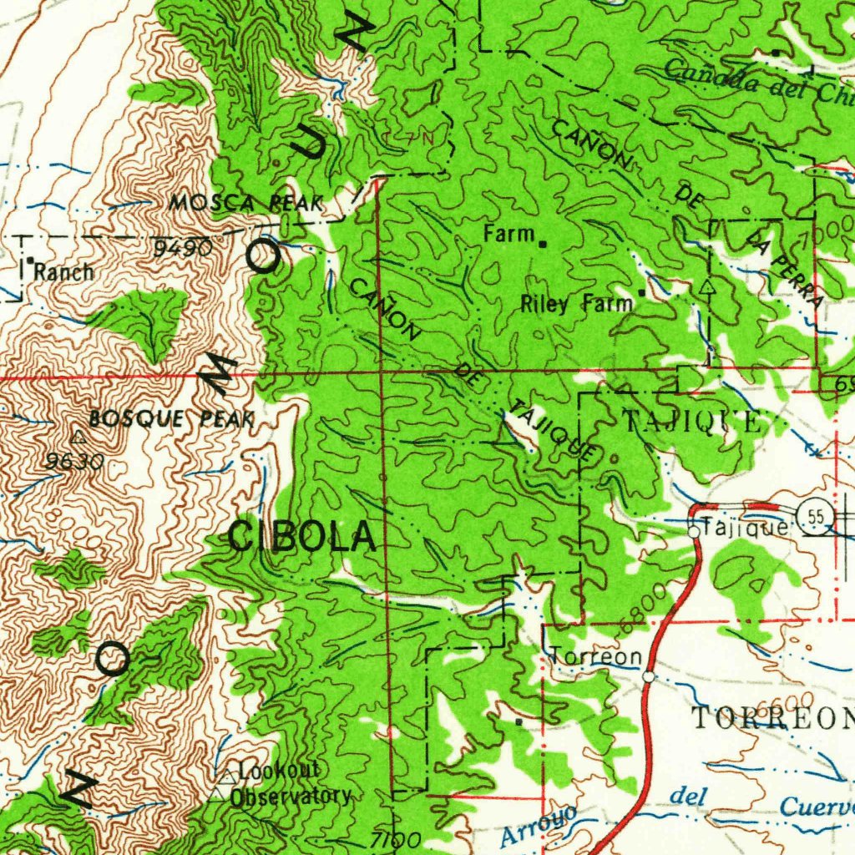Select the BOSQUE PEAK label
point(171,419)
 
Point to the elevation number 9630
point(75,461)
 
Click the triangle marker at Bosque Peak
point(78,437)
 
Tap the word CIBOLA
point(301,536)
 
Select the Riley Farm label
point(576,304)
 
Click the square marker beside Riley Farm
point(641,292)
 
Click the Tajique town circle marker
point(694,531)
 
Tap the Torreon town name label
point(596,657)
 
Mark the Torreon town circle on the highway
point(650,677)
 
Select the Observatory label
point(290,796)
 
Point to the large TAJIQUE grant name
point(692,422)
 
